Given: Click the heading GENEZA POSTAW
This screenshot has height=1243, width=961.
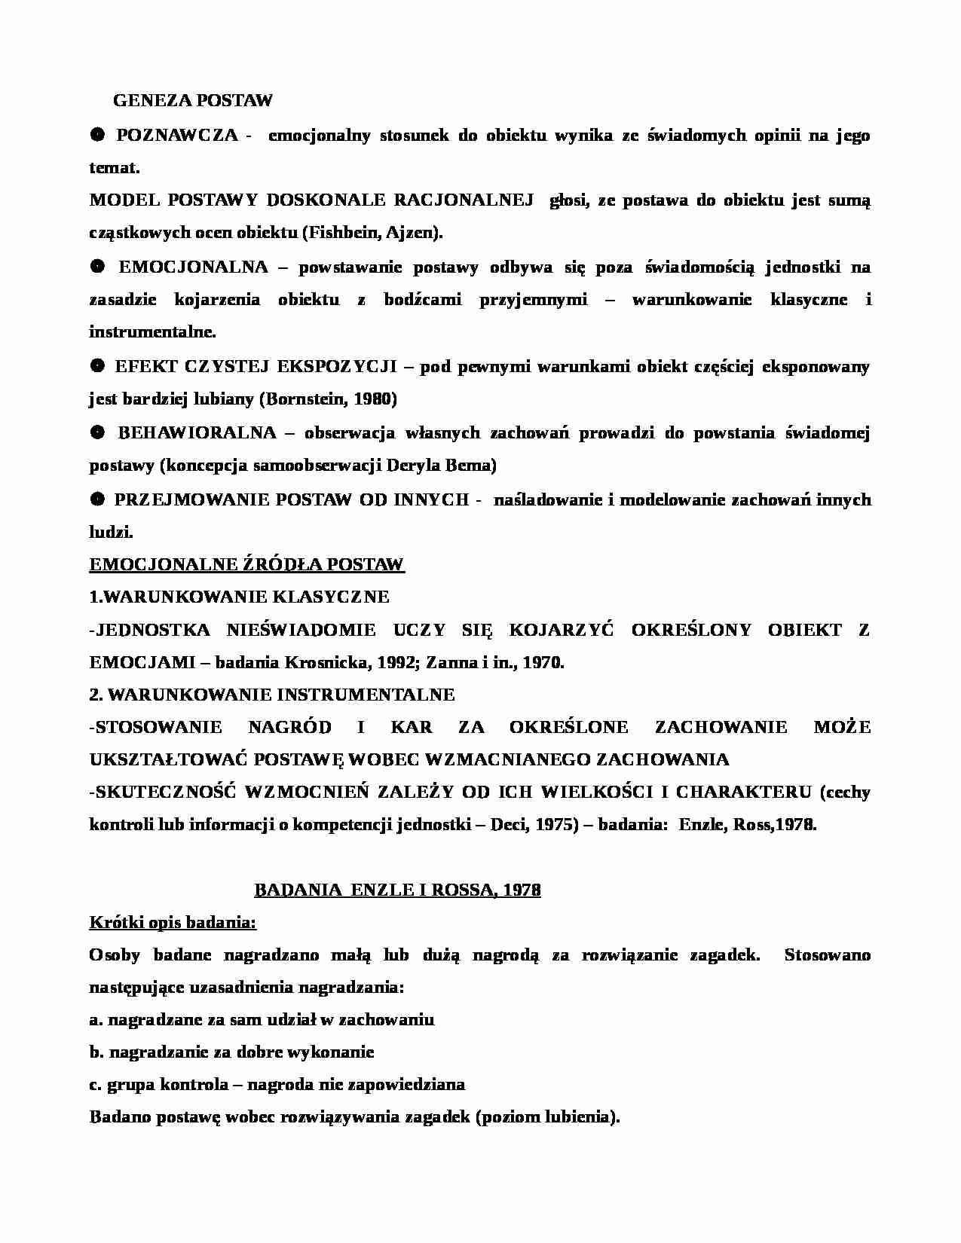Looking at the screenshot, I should click(x=192, y=100).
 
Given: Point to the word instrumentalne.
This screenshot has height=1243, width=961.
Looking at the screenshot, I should click(x=152, y=332).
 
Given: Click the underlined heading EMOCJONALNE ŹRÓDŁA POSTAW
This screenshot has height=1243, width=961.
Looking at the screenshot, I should click(x=246, y=565).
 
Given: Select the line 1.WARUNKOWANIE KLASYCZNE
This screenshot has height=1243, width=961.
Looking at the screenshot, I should click(x=239, y=597).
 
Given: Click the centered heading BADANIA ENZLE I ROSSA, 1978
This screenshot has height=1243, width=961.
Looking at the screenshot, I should click(x=397, y=890).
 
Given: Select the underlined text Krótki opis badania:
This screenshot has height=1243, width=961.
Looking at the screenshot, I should click(x=173, y=923).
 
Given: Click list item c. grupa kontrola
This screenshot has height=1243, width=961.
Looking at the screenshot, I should click(x=276, y=1085).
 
